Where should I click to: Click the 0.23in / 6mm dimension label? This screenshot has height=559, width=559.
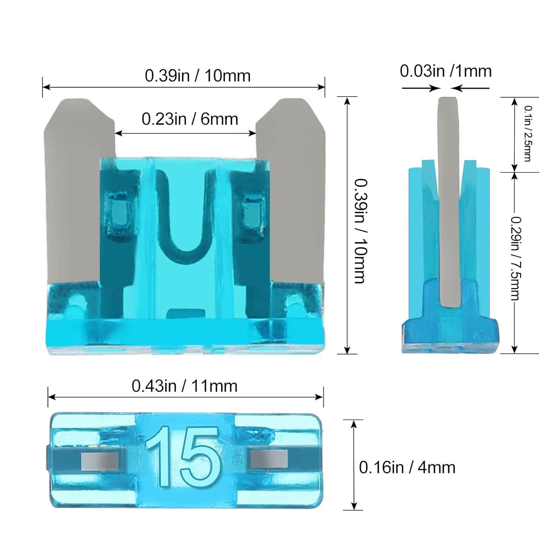(190, 119)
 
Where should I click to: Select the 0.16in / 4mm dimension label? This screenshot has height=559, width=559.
(407, 467)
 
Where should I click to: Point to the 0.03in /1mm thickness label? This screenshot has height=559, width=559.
(446, 70)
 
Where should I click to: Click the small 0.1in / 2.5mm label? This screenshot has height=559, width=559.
(528, 133)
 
